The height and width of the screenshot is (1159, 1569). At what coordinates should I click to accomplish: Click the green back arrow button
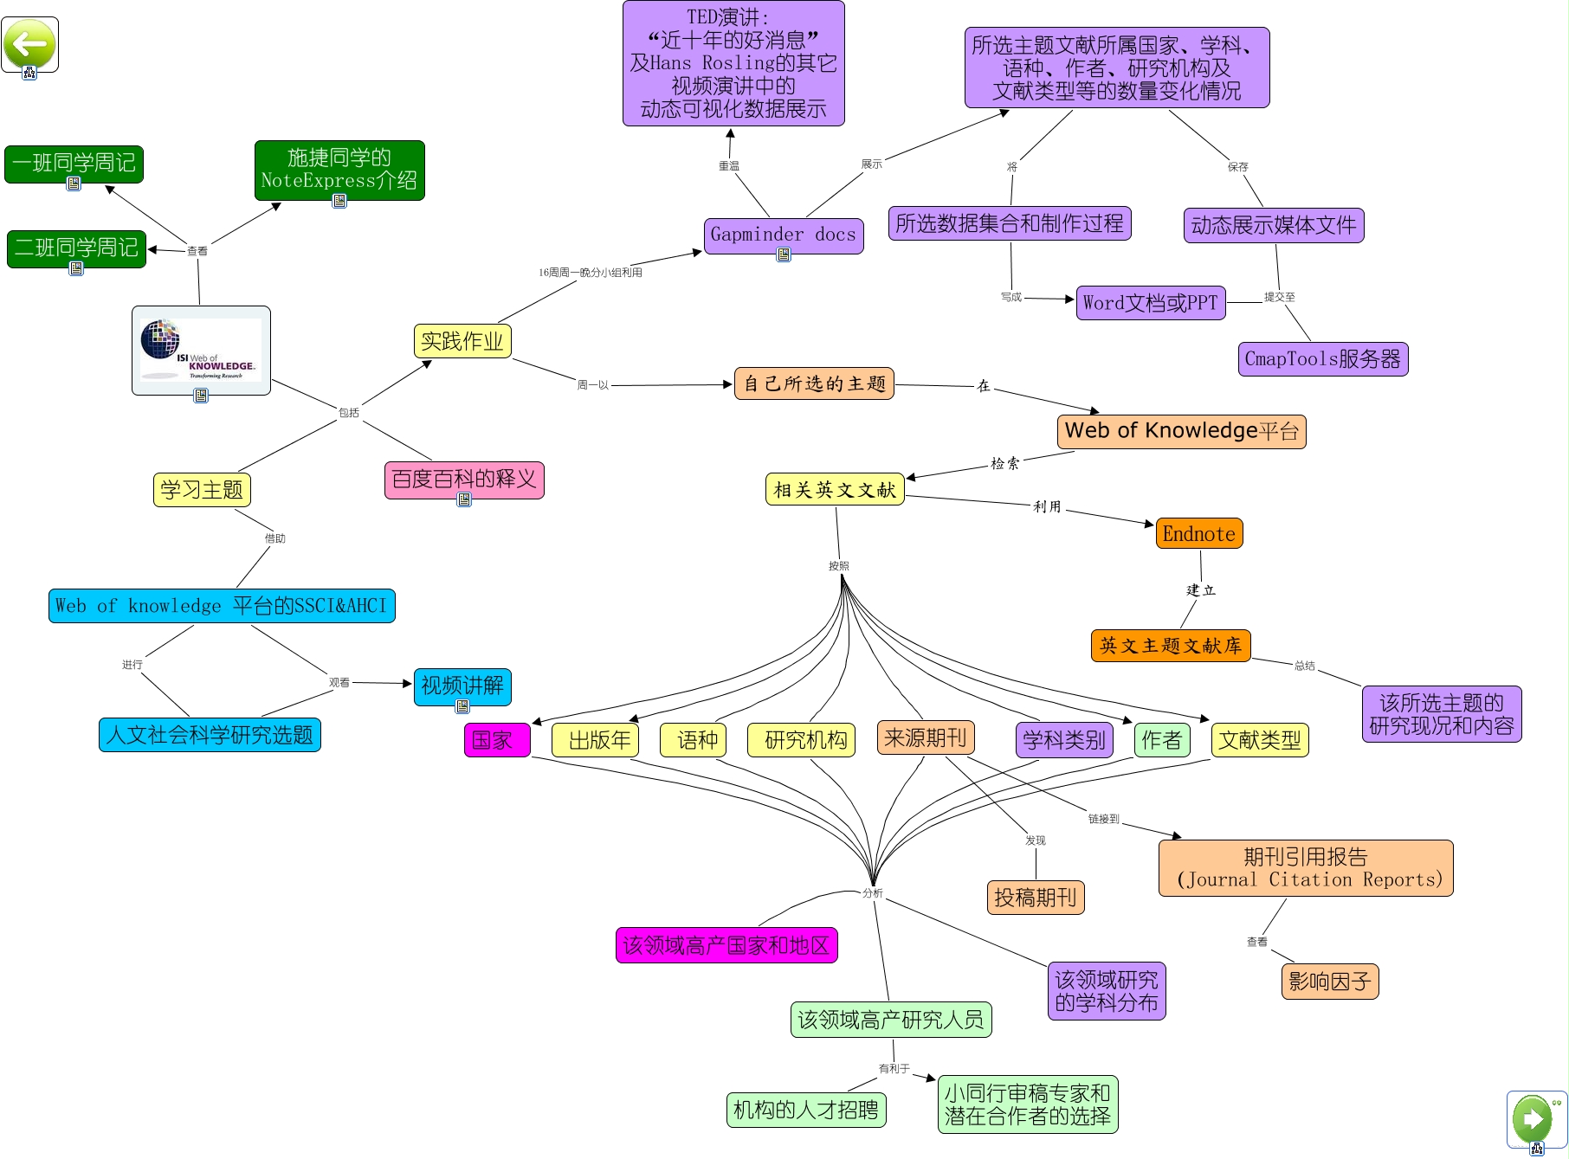coord(29,43)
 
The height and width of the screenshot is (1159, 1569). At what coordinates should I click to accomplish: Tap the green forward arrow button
coord(1533,1118)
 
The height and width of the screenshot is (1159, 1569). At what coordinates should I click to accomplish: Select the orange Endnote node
coord(1198,533)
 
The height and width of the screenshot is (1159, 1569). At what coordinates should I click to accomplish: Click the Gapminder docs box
coord(783,235)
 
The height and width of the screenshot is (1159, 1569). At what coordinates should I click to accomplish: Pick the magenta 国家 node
coord(496,740)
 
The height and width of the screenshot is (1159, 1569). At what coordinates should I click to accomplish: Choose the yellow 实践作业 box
coord(462,341)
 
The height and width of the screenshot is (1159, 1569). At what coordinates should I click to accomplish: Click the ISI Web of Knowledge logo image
coord(201,350)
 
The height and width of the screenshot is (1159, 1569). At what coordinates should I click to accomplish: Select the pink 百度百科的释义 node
coord(463,479)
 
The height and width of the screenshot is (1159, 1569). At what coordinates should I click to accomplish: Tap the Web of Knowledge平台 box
coord(1181,431)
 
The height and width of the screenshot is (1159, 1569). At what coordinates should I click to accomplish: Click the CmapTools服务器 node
coord(1322,359)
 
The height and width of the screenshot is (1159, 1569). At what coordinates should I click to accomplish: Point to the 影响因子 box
coord(1329,982)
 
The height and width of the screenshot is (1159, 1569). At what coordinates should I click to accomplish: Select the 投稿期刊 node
coord(1035,898)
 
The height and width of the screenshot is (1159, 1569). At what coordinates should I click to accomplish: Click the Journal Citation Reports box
coord(1305,868)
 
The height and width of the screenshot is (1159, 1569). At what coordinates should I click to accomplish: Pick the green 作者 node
coord(1161,740)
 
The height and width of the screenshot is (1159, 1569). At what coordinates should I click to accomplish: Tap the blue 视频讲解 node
coord(462,686)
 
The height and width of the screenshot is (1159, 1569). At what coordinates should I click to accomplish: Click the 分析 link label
coord(873,892)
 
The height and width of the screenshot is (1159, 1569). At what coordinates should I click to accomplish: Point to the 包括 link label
coord(349,413)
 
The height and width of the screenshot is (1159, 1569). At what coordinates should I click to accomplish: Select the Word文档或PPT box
coord(1150,303)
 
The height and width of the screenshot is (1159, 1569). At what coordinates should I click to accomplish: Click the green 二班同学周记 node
coord(76,248)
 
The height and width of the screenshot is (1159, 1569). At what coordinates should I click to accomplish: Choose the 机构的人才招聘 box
coord(805,1110)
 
